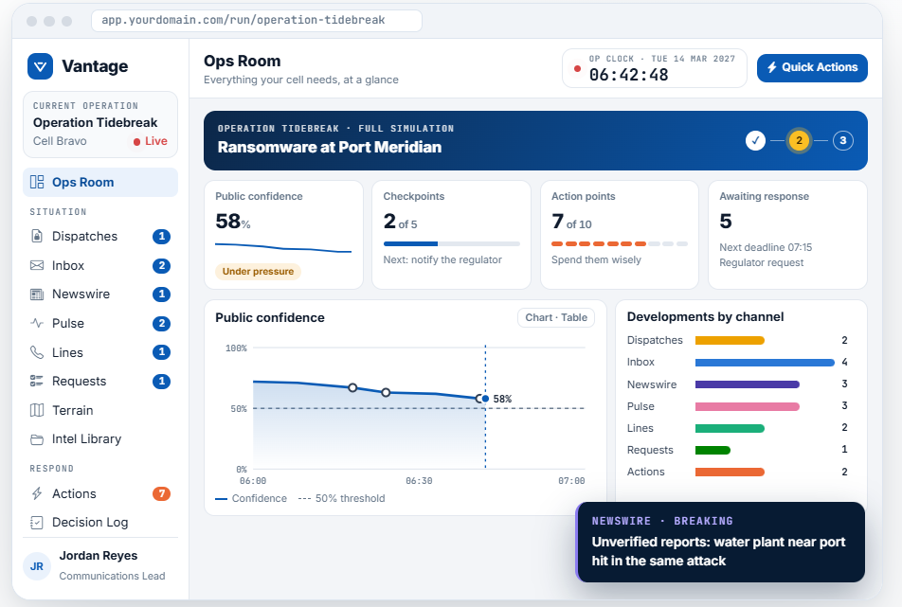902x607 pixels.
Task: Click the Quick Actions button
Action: coord(812,68)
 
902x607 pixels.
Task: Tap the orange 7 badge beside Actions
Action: coord(162,493)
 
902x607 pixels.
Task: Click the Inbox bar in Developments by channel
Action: coord(765,363)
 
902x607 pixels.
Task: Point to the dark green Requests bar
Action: coord(713,450)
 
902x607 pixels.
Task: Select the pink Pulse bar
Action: coord(748,406)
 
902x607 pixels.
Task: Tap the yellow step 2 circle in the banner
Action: coord(799,140)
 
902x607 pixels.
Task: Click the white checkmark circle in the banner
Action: coord(755,140)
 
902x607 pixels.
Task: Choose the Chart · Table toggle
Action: coord(556,318)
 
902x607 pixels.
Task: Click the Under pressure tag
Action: coord(258,272)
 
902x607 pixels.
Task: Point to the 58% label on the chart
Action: coord(502,399)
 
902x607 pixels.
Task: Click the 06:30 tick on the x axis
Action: coord(419,481)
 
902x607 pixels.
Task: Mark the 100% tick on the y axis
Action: coord(236,348)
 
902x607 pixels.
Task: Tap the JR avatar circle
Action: coord(37,566)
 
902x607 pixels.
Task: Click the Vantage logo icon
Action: coord(40,66)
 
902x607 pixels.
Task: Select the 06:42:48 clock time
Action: coord(629,75)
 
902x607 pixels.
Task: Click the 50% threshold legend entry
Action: coord(342,499)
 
